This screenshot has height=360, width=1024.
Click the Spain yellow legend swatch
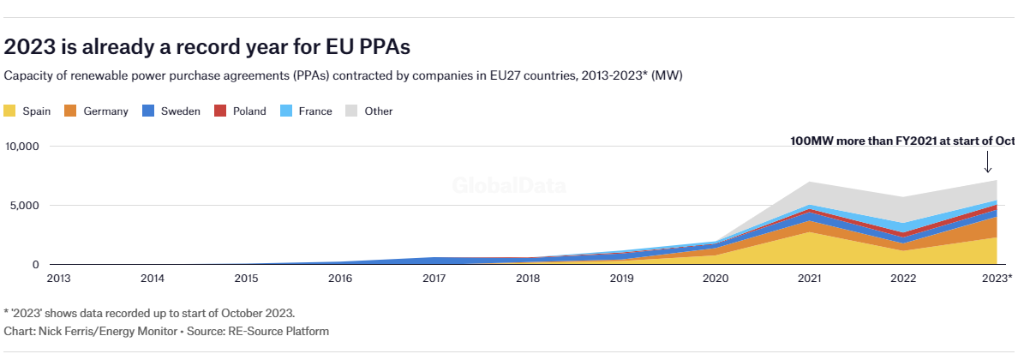(9, 111)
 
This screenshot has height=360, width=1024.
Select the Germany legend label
(105, 111)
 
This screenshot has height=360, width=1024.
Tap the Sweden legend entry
(171, 111)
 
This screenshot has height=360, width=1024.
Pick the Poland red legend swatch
(220, 111)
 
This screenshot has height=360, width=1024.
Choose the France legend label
(315, 111)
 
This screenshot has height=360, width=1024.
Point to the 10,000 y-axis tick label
(22, 147)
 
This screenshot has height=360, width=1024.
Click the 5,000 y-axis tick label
(26, 205)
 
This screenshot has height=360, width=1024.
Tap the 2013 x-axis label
(59, 279)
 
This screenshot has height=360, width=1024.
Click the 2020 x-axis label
(716, 279)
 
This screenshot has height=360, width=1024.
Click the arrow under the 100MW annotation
(987, 162)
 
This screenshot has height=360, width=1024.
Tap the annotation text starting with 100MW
(902, 141)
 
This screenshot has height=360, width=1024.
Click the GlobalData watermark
(509, 185)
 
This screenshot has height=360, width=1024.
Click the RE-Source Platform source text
(278, 331)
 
